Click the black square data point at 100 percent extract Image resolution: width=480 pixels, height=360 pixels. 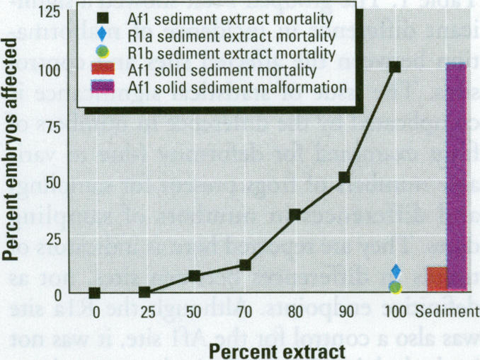pyautogui.click(x=395, y=67)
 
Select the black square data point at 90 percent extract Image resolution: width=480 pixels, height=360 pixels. pyautogui.click(x=345, y=178)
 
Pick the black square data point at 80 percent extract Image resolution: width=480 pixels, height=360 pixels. pyautogui.click(x=295, y=215)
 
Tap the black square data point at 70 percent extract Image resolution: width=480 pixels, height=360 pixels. pyautogui.click(x=245, y=265)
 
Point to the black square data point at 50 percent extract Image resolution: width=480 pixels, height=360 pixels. pyautogui.click(x=195, y=276)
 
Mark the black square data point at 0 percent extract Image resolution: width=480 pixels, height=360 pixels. pyautogui.click(x=95, y=293)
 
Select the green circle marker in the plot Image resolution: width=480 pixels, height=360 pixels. pyautogui.click(x=396, y=287)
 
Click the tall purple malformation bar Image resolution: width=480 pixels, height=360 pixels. pyautogui.click(x=457, y=177)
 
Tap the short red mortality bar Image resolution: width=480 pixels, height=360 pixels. pyautogui.click(x=437, y=279)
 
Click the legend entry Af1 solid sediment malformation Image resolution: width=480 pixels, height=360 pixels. pyautogui.click(x=237, y=88)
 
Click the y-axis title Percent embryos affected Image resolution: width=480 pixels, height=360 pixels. pyautogui.click(x=12, y=149)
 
